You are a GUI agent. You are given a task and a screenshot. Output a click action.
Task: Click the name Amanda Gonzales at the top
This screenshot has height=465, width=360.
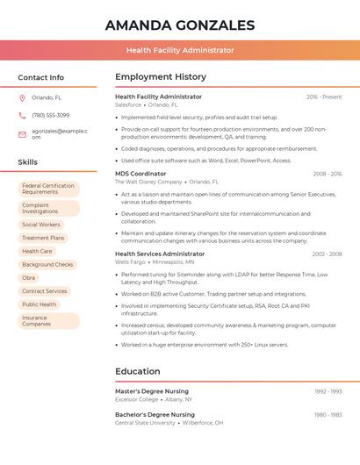point(180,25)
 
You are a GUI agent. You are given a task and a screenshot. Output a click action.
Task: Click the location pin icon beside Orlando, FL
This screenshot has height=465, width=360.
point(22,98)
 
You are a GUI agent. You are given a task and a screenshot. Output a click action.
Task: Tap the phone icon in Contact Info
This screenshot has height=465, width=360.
point(22,115)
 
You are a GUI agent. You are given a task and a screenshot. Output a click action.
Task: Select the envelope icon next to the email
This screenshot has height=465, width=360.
point(22,134)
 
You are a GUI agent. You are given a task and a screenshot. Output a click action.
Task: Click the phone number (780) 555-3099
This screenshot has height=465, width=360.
point(50,115)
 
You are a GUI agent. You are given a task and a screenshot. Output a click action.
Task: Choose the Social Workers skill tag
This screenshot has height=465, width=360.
point(41,225)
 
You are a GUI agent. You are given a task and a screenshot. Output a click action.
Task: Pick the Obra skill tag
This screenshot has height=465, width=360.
point(29,277)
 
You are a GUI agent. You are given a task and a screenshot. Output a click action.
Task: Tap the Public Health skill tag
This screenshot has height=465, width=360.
point(39,304)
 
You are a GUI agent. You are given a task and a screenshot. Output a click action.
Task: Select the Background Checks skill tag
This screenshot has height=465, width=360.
point(47,264)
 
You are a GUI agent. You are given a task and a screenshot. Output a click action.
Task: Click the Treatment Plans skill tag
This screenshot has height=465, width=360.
point(43,238)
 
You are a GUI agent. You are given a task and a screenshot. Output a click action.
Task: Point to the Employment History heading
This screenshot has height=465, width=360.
point(161,77)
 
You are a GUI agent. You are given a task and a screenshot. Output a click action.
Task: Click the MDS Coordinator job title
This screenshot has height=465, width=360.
point(140,174)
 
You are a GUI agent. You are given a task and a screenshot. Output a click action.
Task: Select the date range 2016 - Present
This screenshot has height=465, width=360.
point(324,97)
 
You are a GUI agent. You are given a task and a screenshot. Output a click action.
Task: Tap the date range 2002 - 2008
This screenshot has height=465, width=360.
point(327,254)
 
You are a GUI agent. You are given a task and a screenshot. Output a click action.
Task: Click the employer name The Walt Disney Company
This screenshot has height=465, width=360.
point(149,182)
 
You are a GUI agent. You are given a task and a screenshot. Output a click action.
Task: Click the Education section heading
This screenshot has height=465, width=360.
point(138,371)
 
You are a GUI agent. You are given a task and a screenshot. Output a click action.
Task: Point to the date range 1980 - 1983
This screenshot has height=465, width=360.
point(328,415)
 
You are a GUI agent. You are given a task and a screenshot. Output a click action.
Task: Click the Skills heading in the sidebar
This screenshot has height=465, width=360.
point(28,162)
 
